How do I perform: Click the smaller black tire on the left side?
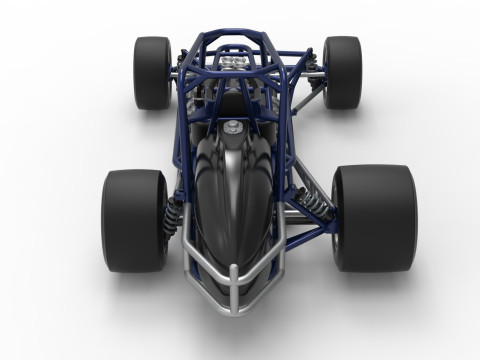(x=152, y=72)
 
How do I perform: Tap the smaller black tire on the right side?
(x=342, y=72)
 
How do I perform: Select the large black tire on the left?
(x=134, y=220)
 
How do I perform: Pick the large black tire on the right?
(x=374, y=217)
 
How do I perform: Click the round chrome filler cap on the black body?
(x=233, y=126)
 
